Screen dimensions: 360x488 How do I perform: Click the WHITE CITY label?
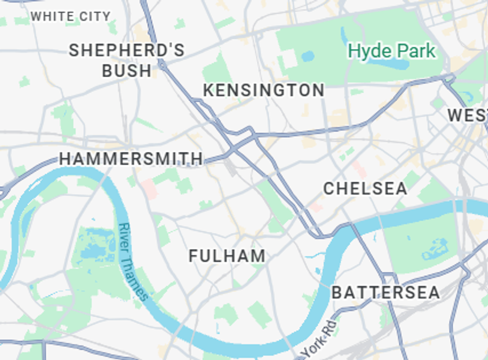pyautogui.click(x=70, y=16)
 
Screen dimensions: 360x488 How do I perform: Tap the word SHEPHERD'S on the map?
pyautogui.click(x=126, y=50)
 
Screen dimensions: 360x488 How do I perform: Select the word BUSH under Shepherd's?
pyautogui.click(x=126, y=71)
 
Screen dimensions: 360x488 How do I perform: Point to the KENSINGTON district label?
pyautogui.click(x=263, y=91)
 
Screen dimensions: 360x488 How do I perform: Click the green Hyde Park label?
pyautogui.click(x=392, y=51)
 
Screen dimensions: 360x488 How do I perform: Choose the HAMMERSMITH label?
pyautogui.click(x=131, y=159)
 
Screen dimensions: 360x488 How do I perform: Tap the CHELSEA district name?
pyautogui.click(x=365, y=189)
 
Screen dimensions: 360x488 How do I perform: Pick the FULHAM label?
pyautogui.click(x=227, y=256)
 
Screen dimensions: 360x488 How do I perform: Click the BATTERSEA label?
pyautogui.click(x=386, y=292)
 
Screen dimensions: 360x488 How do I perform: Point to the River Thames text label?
pyautogui.click(x=133, y=262)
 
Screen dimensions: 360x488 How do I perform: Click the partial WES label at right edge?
pyautogui.click(x=468, y=116)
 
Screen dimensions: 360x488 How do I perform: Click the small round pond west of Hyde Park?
pyautogui.click(x=308, y=56)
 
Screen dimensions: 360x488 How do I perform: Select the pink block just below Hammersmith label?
pyautogui.click(x=149, y=189)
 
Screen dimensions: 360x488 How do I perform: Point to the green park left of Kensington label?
pyautogui.click(x=216, y=69)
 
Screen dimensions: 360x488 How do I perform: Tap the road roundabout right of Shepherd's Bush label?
pyautogui.click(x=162, y=65)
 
